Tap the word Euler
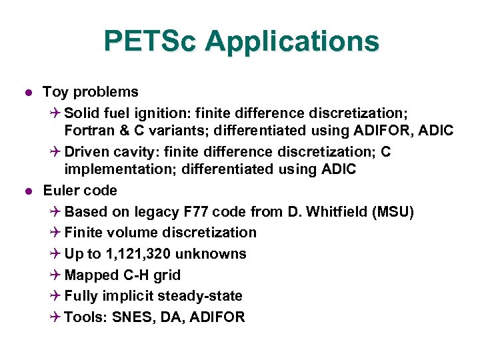tap(61, 191)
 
